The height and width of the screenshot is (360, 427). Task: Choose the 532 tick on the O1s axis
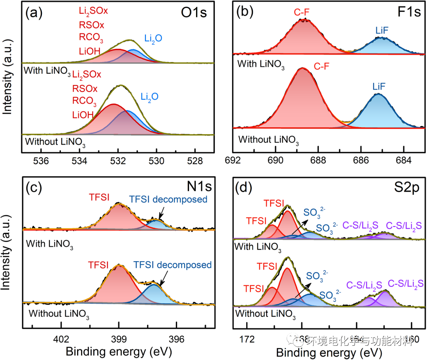point(118,161)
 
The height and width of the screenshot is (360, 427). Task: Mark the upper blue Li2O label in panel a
point(152,38)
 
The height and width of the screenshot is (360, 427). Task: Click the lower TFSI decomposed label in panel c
point(172,265)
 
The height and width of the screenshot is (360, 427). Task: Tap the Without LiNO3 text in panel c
point(59,315)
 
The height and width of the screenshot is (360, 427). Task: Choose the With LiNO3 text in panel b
point(261,64)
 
